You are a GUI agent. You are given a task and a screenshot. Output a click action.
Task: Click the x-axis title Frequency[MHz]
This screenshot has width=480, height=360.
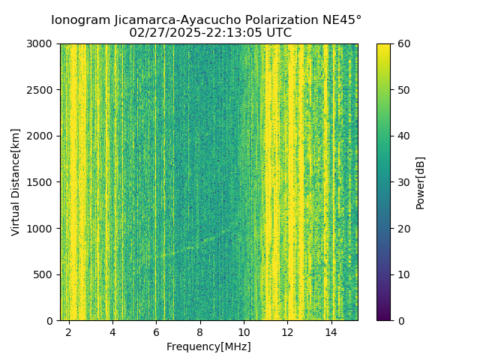pyautogui.click(x=208, y=346)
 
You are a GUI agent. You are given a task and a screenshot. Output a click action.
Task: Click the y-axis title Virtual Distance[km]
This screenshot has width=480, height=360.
pyautogui.click(x=16, y=182)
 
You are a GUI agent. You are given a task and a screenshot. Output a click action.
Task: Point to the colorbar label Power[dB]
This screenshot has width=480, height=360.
pyautogui.click(x=420, y=182)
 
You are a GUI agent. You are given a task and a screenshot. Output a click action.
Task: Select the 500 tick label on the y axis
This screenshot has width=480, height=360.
pyautogui.click(x=43, y=274)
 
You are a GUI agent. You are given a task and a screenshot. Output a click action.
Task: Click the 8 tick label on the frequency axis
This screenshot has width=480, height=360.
pyautogui.click(x=200, y=332)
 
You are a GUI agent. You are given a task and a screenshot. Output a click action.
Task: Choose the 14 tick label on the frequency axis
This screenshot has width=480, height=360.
pyautogui.click(x=331, y=332)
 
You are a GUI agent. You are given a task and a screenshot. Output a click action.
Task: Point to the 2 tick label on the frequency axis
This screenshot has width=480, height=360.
pyautogui.click(x=69, y=332)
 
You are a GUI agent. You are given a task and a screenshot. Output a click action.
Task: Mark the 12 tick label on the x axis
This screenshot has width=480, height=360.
pyautogui.click(x=287, y=332)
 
